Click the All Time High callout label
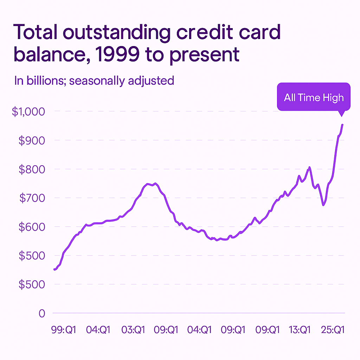[x=314, y=97]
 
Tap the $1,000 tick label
[x=29, y=111]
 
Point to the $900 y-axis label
[x=32, y=140]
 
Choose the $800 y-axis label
[x=32, y=169]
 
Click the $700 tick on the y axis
[x=32, y=198]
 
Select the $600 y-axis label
[x=32, y=227]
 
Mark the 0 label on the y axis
[x=42, y=313]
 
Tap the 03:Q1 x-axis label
[x=133, y=330]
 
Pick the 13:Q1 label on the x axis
[x=300, y=330]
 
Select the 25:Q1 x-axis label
[x=333, y=330]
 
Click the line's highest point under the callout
[x=342, y=124]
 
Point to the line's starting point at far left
[x=54, y=269]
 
